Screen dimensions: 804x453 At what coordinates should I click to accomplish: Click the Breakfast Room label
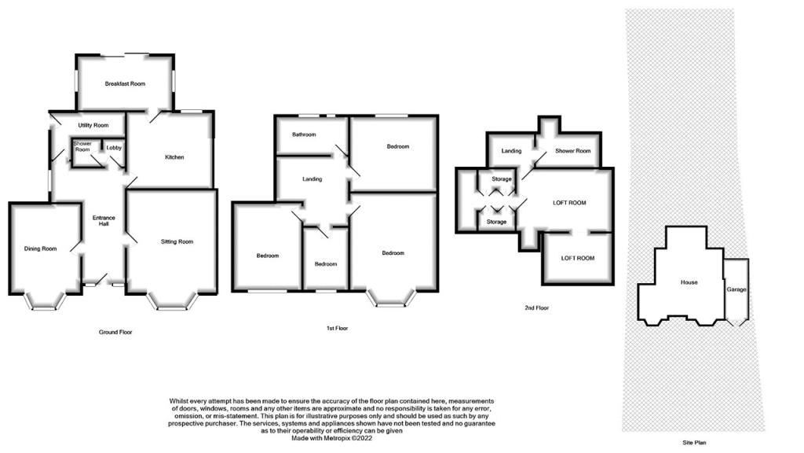click(x=125, y=83)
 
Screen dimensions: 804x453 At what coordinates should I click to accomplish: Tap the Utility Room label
click(x=93, y=125)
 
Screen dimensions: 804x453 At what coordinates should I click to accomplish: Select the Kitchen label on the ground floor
click(x=174, y=157)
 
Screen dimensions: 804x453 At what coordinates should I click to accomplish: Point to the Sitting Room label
click(x=177, y=241)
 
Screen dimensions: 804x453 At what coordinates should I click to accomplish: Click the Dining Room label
click(x=41, y=249)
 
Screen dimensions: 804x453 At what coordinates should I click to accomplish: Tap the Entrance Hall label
click(x=104, y=221)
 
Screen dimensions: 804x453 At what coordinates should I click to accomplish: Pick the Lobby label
click(x=114, y=148)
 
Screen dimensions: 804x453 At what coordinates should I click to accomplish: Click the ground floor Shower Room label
click(x=82, y=146)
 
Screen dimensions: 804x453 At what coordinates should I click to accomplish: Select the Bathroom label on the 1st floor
click(x=304, y=134)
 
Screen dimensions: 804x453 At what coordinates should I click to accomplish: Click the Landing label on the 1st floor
click(x=312, y=179)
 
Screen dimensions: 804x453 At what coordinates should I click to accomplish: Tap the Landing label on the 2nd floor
click(x=511, y=151)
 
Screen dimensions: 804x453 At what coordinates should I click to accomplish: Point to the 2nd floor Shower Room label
click(x=572, y=151)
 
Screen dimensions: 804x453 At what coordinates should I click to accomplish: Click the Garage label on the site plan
click(x=736, y=289)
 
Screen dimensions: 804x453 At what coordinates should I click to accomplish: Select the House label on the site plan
click(x=689, y=282)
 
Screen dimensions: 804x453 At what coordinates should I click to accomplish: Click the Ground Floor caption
click(x=115, y=333)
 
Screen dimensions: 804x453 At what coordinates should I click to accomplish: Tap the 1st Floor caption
click(x=337, y=328)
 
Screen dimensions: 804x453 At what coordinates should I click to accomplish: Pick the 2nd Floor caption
click(x=536, y=308)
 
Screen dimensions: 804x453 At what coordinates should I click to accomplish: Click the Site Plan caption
click(x=694, y=443)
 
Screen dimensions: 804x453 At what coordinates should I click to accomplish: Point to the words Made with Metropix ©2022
click(x=332, y=439)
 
